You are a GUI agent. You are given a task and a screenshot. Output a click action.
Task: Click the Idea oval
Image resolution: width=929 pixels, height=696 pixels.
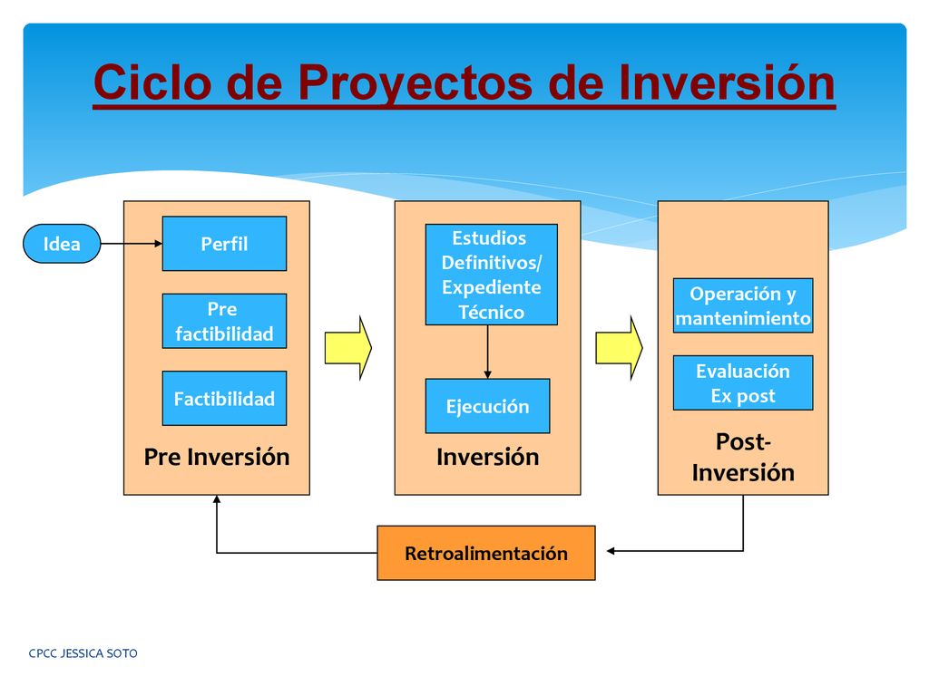coord(62,243)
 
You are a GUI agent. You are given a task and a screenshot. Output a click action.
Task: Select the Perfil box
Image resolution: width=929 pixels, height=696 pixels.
coord(225,243)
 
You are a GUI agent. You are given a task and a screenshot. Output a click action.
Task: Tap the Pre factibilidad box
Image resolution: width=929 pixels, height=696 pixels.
coord(225,321)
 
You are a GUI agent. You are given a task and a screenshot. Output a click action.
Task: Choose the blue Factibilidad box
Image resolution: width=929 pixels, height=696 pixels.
coord(225,399)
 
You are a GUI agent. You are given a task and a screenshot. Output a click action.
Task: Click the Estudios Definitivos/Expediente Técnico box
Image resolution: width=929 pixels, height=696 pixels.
coord(491,275)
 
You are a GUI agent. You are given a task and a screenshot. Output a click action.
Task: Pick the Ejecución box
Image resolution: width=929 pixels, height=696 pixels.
coord(487,406)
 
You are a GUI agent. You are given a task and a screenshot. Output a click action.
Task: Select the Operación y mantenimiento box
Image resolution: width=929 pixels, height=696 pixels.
coord(743,305)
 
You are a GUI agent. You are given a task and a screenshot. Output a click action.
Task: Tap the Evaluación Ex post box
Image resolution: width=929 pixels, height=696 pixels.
coord(743,383)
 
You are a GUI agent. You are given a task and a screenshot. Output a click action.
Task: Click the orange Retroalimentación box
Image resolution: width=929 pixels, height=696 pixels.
coord(486,553)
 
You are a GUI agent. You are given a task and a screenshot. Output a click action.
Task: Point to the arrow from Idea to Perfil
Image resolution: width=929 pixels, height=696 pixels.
coord(132,243)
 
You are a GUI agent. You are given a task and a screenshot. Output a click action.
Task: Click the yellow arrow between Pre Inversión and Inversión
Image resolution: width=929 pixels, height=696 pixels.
coord(348,348)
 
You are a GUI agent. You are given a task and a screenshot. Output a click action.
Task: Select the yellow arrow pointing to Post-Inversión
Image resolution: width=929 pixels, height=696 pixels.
coord(619,348)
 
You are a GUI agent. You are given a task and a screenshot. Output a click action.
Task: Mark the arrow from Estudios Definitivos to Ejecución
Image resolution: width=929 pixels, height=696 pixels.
coord(487,352)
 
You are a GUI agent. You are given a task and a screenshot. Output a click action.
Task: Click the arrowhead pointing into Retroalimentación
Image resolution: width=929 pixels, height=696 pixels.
coord(611,551)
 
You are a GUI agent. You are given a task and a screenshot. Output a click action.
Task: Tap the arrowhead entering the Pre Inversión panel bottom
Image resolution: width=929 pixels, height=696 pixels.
coord(217,499)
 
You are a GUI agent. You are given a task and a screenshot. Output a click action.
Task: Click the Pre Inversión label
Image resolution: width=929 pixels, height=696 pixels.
coord(217,457)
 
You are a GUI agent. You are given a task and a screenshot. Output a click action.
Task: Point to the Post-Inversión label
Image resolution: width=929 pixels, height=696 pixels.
coord(743,457)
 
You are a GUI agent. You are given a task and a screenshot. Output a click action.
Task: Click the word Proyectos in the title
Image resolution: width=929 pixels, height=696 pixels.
coord(416,82)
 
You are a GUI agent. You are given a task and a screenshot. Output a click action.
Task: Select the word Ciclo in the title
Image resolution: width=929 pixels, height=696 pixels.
coord(152,82)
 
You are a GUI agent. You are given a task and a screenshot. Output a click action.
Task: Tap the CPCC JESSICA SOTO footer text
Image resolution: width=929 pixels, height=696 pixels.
coord(83,653)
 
